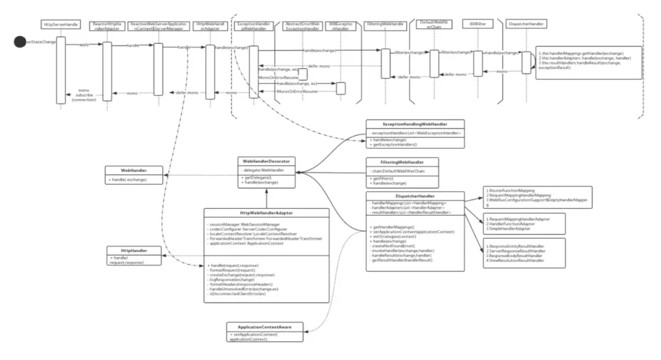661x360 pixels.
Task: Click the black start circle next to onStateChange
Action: pos(20,42)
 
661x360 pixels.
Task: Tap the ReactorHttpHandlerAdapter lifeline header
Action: pos(107,25)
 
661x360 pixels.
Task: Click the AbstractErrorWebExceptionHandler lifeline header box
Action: pos(302,25)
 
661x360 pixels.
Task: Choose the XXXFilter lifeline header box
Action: pos(474,24)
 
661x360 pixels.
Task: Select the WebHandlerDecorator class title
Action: pos(266,161)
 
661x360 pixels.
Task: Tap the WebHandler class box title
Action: pos(134,170)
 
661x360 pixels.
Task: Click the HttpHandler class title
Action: pos(135,250)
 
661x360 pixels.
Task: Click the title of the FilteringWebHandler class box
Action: pos(401,162)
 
